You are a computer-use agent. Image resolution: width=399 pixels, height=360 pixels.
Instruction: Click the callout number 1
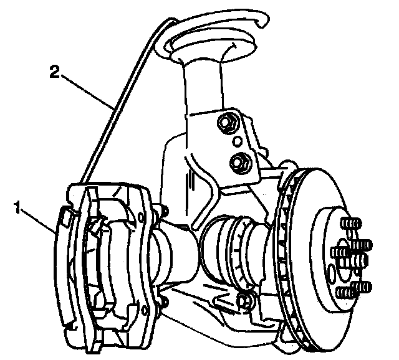pos(17,206)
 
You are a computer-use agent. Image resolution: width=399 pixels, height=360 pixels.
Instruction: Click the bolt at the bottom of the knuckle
pos(246,301)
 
